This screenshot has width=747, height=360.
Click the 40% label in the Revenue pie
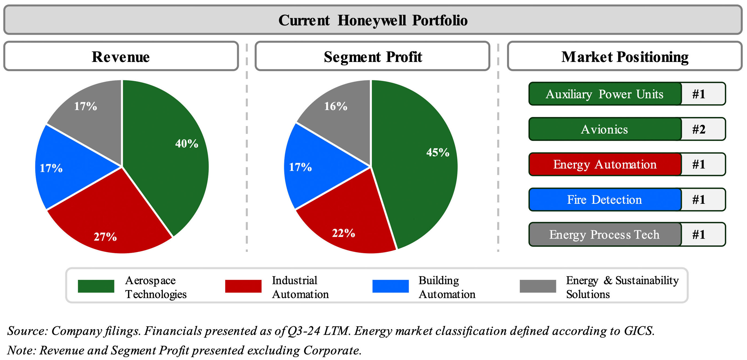186,144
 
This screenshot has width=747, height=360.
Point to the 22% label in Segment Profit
343,233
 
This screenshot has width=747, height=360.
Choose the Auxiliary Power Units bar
604,94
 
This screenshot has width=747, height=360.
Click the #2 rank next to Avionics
699,129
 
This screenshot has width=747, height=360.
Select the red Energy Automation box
604,164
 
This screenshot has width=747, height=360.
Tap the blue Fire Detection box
604,200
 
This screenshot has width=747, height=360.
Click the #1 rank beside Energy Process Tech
699,234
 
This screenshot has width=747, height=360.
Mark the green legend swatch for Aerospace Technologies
96,286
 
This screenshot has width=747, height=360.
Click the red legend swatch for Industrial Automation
243,286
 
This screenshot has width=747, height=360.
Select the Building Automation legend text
447,287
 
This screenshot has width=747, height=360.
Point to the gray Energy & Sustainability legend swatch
538,286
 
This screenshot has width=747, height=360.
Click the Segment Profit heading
373,56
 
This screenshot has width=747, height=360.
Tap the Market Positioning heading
625,56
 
